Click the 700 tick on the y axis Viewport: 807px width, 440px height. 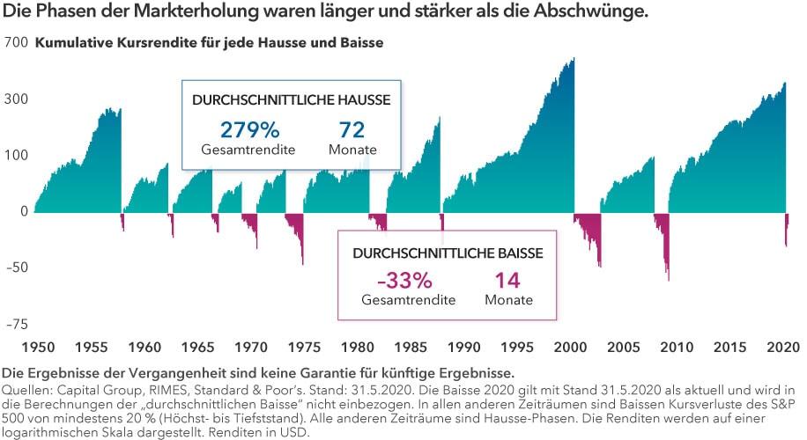(x=15, y=42)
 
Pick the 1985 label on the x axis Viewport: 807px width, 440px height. (x=411, y=348)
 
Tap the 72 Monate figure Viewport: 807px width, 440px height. (x=352, y=130)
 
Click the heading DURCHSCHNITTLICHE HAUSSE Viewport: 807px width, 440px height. (x=291, y=99)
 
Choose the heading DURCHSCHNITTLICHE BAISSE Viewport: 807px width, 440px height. (x=448, y=252)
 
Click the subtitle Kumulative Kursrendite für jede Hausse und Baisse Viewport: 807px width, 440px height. (x=209, y=42)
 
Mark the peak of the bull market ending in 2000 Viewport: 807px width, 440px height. (x=574, y=60)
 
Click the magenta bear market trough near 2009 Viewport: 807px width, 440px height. (x=668, y=280)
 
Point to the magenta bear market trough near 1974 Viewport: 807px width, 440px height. (x=302, y=263)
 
